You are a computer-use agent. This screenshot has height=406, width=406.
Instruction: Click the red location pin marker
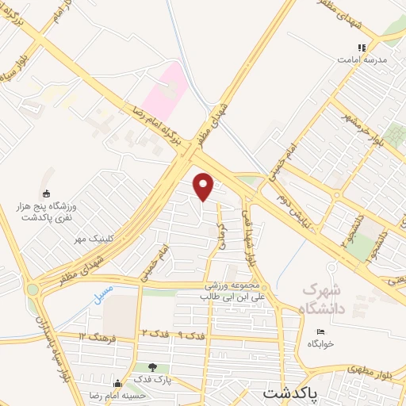pos(205,187)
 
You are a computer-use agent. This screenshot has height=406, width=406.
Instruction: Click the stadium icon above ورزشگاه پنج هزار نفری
pos(46,193)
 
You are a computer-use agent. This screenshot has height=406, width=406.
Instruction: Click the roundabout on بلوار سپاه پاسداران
pos(33,290)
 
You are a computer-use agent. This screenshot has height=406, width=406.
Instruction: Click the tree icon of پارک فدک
pos(151,367)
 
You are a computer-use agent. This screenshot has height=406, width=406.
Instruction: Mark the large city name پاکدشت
pos(290,393)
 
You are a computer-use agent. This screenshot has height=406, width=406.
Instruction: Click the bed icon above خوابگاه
pos(320,331)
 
